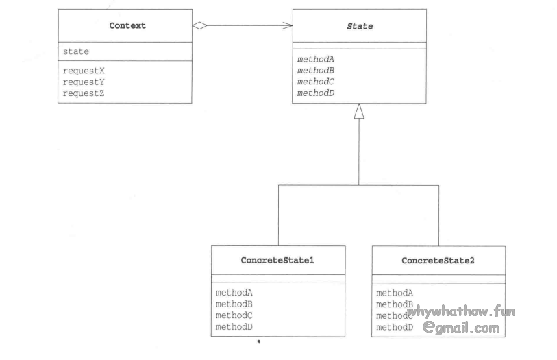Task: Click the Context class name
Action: coord(127,25)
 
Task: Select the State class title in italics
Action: coord(358,25)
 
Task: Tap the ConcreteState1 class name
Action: coord(277,261)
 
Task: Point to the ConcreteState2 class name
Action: coord(438,261)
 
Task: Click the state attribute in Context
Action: coord(75,51)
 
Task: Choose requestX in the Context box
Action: coord(84,70)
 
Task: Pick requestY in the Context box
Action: coord(84,81)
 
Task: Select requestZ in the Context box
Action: coord(84,92)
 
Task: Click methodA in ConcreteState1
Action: coord(234,293)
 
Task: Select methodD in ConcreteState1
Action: coord(234,327)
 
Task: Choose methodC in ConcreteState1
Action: coord(234,315)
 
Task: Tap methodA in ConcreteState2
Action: coord(395,293)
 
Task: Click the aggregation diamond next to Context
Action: coord(199,25)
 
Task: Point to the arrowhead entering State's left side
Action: coord(288,25)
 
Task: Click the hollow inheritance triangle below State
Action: coord(358,111)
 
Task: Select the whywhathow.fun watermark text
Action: coord(460,312)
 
